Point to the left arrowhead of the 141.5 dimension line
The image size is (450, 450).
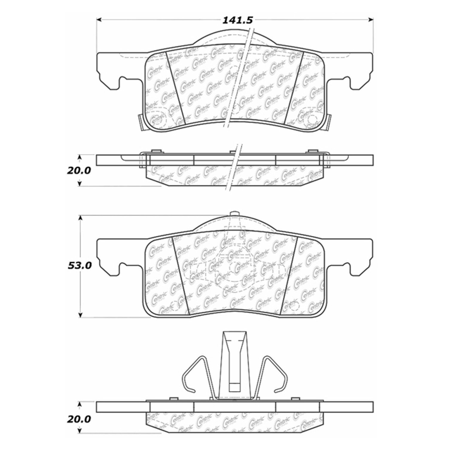point(99,20)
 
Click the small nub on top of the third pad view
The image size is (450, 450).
point(235,213)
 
